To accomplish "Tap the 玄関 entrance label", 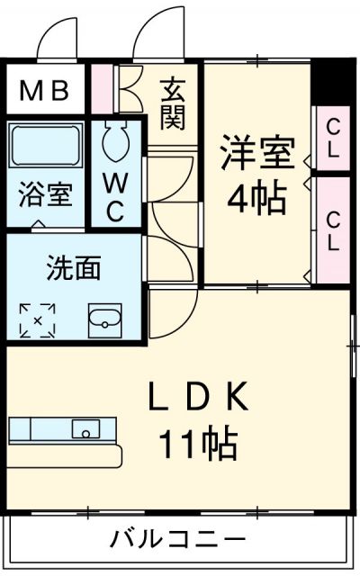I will (x=173, y=104).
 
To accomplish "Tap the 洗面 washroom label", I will (x=74, y=267).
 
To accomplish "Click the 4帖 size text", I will (x=257, y=197).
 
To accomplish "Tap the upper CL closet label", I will (x=332, y=137).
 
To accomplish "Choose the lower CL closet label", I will (x=333, y=229).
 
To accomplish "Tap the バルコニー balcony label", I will (x=178, y=540).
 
